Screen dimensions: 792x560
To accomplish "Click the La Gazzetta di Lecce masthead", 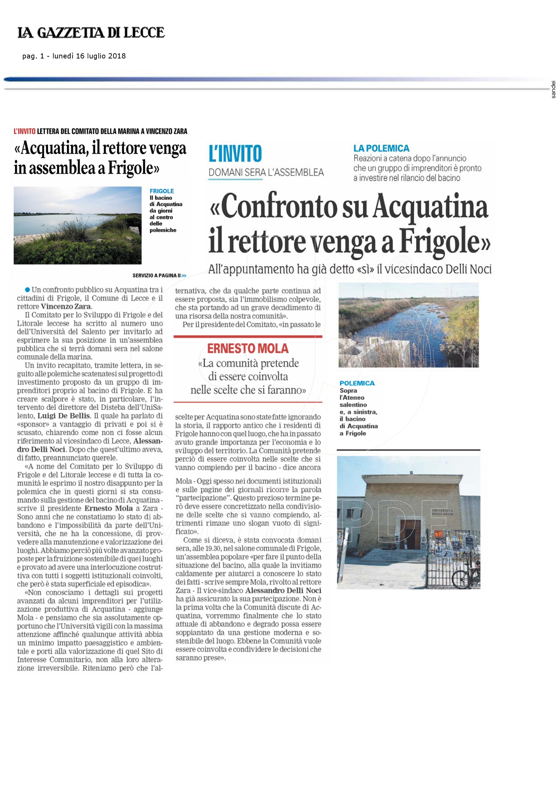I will (91, 33).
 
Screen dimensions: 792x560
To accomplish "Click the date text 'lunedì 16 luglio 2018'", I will (89, 56).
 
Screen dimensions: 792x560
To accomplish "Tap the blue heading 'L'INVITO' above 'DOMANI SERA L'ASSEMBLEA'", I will (235, 154).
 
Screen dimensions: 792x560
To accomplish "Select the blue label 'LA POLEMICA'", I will (381, 148).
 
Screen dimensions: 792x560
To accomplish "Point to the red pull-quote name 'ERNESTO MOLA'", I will (248, 348).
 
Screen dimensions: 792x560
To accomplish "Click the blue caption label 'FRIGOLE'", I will (161, 191).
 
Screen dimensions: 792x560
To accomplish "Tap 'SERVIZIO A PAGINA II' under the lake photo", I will (157, 276).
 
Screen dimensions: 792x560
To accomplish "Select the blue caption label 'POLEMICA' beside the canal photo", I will (357, 383).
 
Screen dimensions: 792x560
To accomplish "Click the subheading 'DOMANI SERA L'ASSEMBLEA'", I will (266, 172).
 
